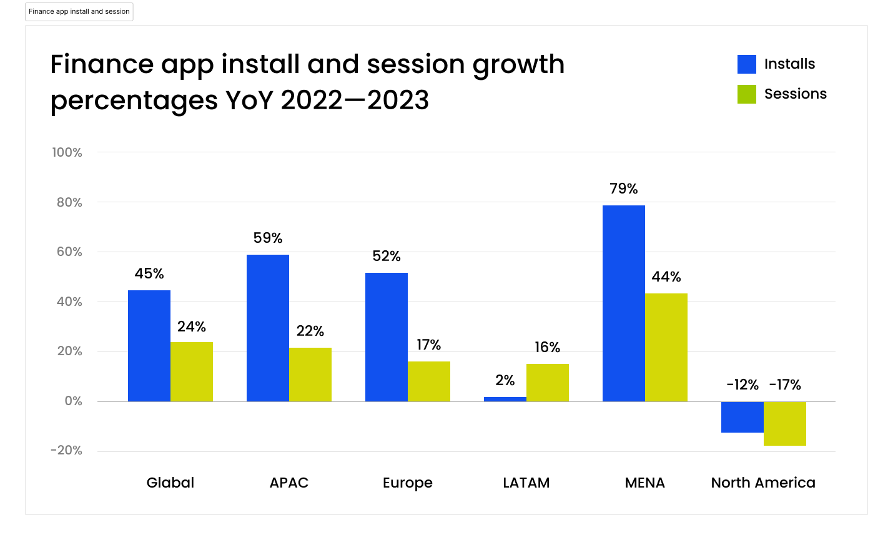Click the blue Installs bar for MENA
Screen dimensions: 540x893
click(x=623, y=303)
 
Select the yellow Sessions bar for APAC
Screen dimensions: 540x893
click(x=310, y=375)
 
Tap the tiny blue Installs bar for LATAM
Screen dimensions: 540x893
click(x=505, y=399)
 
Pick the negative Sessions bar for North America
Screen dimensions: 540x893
click(x=784, y=423)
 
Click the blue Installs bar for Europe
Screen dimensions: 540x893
click(x=386, y=337)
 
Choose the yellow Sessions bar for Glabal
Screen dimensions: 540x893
click(x=191, y=371)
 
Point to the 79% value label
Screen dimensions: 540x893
click(x=623, y=189)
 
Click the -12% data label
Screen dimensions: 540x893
click(x=742, y=385)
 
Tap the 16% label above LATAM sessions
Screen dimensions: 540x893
click(x=547, y=347)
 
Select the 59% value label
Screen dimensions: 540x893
click(x=267, y=238)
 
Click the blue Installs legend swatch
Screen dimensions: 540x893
click(x=746, y=64)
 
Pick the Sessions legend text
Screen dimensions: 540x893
click(x=795, y=94)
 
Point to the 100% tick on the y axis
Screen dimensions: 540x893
click(x=67, y=152)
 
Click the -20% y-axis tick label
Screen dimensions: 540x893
click(x=66, y=450)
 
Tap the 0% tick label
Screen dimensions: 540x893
click(x=73, y=401)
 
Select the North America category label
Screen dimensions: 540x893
click(x=762, y=483)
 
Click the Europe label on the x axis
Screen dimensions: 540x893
click(x=407, y=483)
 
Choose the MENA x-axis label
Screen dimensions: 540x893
click(x=644, y=483)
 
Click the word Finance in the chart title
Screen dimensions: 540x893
click(x=101, y=64)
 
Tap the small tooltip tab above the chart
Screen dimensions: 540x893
click(x=79, y=12)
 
